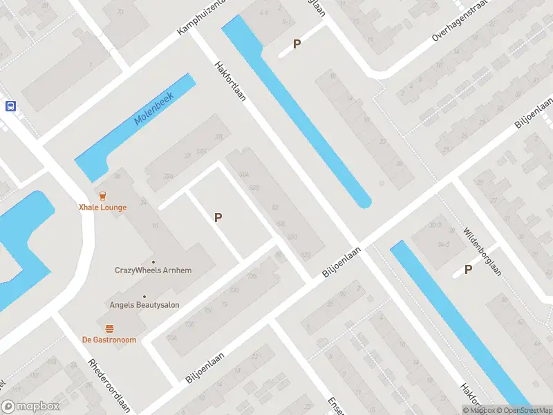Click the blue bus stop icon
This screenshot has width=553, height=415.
pos(10,106)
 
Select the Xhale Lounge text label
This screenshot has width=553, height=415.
pos(102,207)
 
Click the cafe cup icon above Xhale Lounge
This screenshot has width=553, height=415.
pos(102,195)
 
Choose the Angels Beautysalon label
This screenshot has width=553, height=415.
pos(144,304)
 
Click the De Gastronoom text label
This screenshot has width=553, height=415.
pos(109,340)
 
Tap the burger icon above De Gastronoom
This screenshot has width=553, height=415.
pos(109,328)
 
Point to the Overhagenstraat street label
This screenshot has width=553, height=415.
pos(460,21)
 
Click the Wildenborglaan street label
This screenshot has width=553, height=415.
pos(482,252)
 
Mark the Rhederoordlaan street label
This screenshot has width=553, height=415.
pos(109,386)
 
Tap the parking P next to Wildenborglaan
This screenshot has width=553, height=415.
pos(469,270)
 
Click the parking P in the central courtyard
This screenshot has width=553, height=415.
pos(218,217)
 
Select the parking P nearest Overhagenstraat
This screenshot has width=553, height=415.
pos(297,44)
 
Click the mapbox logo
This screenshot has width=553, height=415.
pos(30,407)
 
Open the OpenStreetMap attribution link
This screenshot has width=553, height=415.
pos(523,410)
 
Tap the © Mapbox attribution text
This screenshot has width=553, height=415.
pos(480,410)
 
